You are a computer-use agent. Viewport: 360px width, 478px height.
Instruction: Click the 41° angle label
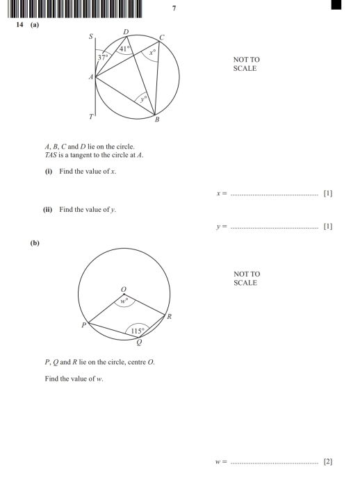pos(124,49)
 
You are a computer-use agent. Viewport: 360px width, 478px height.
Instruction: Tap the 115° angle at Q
pos(138,331)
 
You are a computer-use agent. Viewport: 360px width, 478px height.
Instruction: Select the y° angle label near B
pos(142,99)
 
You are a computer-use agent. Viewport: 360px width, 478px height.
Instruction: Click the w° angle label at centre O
pos(125,302)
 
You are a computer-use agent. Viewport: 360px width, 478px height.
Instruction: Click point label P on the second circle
pos(85,324)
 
